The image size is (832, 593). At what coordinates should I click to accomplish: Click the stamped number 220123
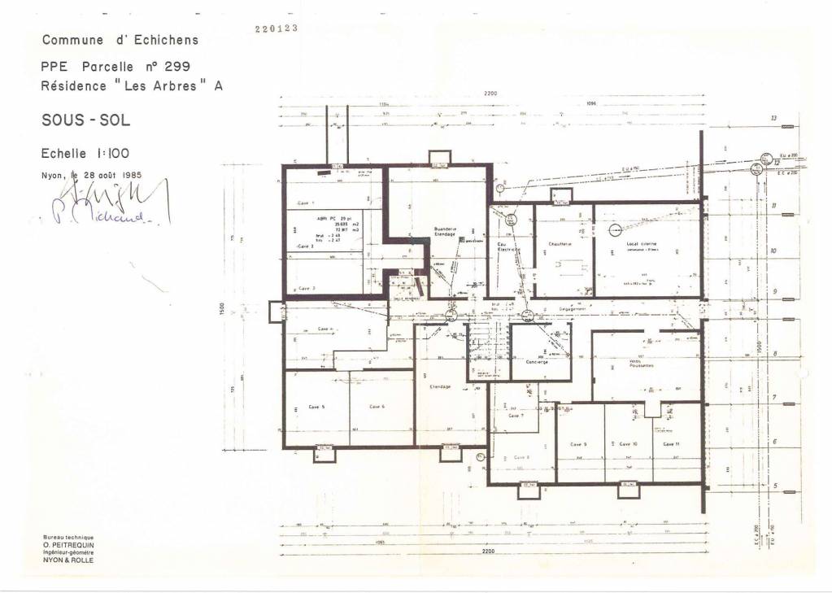276,28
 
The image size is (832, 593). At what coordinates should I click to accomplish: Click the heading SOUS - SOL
85,120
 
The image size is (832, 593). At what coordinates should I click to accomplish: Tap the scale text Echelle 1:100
85,153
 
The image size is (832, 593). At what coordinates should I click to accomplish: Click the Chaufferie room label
560,244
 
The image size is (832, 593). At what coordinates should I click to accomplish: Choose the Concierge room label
537,361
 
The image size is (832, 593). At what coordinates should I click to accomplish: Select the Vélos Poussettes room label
642,364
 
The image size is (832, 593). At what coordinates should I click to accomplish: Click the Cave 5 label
317,406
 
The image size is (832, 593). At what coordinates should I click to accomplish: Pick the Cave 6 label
377,406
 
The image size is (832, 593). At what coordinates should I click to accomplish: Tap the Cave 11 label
672,444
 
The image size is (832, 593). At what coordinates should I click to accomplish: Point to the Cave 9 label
578,444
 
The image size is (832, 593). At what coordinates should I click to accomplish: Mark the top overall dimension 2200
490,94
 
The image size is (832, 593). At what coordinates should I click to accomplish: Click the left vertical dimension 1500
233,311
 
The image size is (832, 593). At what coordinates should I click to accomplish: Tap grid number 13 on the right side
773,119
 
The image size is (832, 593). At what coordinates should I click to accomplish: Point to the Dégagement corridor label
574,309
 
